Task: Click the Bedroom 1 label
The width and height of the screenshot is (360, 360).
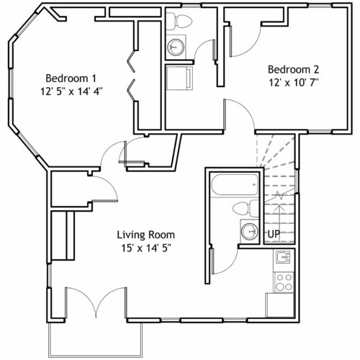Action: (71, 78)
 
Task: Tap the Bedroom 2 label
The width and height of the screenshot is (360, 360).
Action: (293, 70)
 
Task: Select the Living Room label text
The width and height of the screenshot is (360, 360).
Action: (145, 235)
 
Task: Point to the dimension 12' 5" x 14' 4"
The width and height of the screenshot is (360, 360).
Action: (71, 91)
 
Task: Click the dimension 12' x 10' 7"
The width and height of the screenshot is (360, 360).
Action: (293, 83)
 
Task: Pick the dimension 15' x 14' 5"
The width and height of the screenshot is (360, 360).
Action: (145, 248)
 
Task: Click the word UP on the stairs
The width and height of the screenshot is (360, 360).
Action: (274, 234)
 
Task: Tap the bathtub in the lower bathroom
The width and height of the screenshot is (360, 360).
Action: (235, 184)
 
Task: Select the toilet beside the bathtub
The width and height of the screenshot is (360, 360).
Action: (246, 208)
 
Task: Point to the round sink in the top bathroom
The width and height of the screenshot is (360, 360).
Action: (176, 47)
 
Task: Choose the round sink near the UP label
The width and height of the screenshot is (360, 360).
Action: (250, 232)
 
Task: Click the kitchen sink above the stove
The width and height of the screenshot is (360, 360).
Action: (283, 258)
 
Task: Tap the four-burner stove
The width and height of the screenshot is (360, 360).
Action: (284, 282)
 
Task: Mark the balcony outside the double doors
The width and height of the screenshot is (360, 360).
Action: (95, 340)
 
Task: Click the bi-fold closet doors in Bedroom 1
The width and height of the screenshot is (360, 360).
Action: (132, 76)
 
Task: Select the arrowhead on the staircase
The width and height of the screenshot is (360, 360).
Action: (279, 208)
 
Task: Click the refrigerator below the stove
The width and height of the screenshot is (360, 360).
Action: (279, 305)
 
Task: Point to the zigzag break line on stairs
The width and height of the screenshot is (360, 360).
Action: (279, 195)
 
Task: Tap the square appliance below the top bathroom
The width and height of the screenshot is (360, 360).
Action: (179, 78)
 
